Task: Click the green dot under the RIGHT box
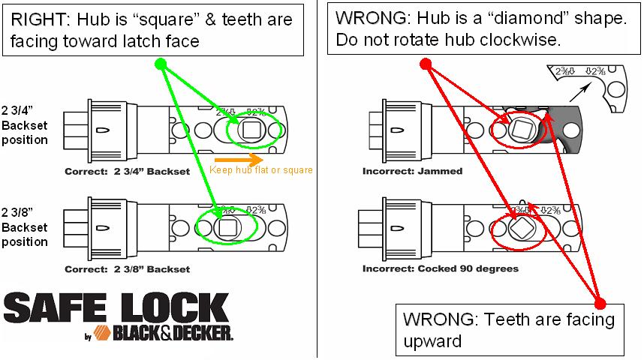coord(160,64)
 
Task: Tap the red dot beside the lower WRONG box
coord(600,303)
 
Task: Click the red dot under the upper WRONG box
coord(425,64)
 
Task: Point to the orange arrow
coord(239,160)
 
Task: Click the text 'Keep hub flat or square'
coord(260,170)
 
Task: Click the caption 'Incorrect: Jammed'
coord(412,171)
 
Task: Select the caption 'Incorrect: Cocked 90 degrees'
coord(440,268)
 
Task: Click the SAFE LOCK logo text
coord(116,307)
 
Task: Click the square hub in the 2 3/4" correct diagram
coord(251,130)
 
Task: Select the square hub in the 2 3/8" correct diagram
coord(225,227)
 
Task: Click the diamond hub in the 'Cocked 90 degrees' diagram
coord(521,227)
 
